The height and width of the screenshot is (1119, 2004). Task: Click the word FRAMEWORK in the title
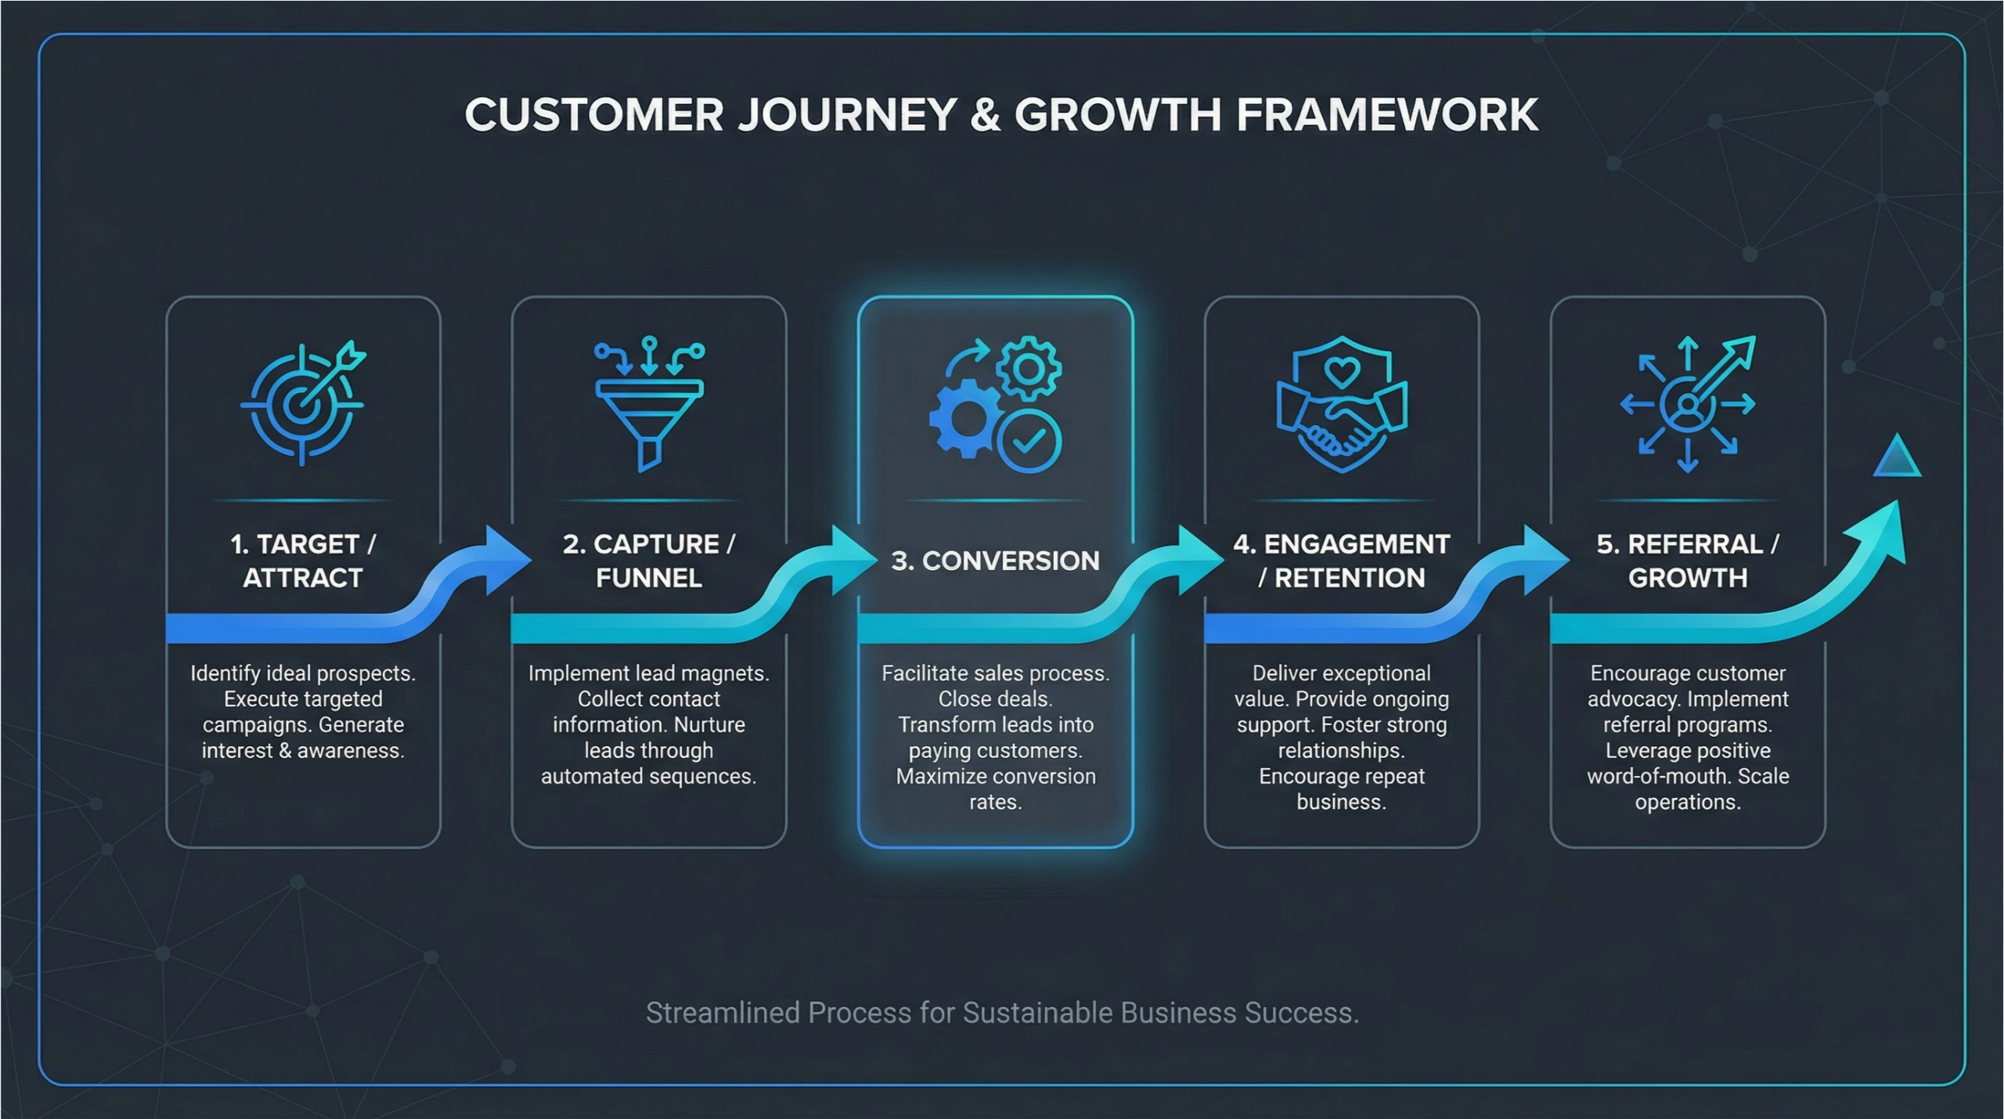point(1386,115)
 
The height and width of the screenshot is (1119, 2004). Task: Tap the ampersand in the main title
point(985,115)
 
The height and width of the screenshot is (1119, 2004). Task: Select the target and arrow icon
point(303,402)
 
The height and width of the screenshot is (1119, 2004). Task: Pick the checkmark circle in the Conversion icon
point(1029,442)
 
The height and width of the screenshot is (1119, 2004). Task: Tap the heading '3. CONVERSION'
point(995,561)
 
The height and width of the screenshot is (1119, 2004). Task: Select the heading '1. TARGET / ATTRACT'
point(303,561)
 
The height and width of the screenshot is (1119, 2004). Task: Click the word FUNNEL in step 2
point(649,578)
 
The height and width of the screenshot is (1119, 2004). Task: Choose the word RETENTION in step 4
point(1350,578)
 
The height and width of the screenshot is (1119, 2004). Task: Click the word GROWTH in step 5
point(1688,578)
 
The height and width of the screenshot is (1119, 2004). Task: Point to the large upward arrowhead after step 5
point(1883,532)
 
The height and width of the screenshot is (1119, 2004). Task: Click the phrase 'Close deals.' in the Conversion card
point(995,698)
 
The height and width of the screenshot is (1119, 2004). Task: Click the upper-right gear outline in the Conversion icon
point(1029,368)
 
